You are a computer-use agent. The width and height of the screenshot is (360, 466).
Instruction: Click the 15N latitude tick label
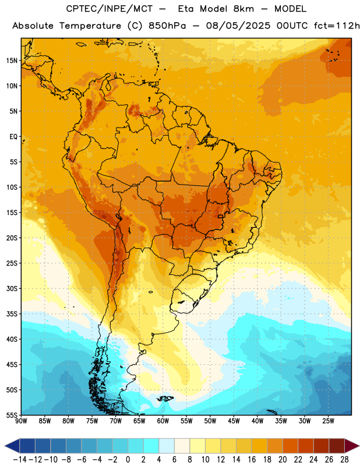(x=12, y=61)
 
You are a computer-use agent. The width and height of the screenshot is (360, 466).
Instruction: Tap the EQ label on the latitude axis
(x=13, y=137)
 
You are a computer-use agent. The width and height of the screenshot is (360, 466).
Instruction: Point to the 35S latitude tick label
(x=12, y=314)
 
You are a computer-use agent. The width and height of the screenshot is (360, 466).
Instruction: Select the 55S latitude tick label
(x=12, y=415)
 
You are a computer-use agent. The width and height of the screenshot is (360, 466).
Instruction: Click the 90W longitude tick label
(x=21, y=421)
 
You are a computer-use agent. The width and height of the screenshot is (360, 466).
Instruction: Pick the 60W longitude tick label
(x=163, y=421)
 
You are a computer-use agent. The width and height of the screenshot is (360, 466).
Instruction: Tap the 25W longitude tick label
(x=328, y=421)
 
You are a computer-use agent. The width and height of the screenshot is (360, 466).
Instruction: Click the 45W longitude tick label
(x=234, y=421)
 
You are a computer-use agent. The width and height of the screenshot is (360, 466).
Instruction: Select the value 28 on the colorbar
(x=344, y=460)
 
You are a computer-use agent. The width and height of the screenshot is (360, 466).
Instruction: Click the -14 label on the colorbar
(x=20, y=460)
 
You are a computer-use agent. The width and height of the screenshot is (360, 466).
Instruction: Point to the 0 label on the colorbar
(x=128, y=460)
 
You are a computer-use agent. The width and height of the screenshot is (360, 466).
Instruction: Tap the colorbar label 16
(x=252, y=460)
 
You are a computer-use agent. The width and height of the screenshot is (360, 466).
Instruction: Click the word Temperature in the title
(x=90, y=26)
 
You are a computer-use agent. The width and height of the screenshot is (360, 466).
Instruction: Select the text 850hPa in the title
(x=167, y=26)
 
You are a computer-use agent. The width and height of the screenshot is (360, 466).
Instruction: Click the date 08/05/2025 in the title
(x=238, y=26)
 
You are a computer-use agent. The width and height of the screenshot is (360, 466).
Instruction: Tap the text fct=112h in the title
(x=337, y=26)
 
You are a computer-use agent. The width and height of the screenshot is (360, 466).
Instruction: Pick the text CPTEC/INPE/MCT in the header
(x=109, y=9)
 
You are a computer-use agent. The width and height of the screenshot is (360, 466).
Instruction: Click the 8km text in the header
(x=243, y=9)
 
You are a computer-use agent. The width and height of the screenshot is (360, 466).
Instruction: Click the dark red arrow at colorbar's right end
(x=352, y=446)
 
